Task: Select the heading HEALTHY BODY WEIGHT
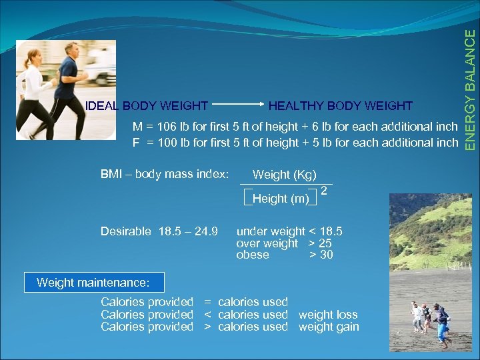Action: coord(340,106)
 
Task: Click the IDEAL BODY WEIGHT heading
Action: coord(147,106)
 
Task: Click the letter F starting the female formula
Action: coord(136,142)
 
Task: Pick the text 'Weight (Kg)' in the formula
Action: coord(284,175)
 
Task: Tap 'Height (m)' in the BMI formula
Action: coord(281,198)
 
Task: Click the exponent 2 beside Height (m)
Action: coord(323,191)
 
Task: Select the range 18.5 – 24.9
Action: coord(188,231)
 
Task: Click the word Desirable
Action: coord(126,231)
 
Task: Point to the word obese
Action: coord(253,255)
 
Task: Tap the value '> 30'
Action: coord(321,255)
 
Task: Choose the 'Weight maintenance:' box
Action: coord(93,283)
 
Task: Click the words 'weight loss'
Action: coord(328,315)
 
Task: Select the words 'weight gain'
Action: coord(329,327)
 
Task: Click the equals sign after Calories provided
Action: coord(207,302)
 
